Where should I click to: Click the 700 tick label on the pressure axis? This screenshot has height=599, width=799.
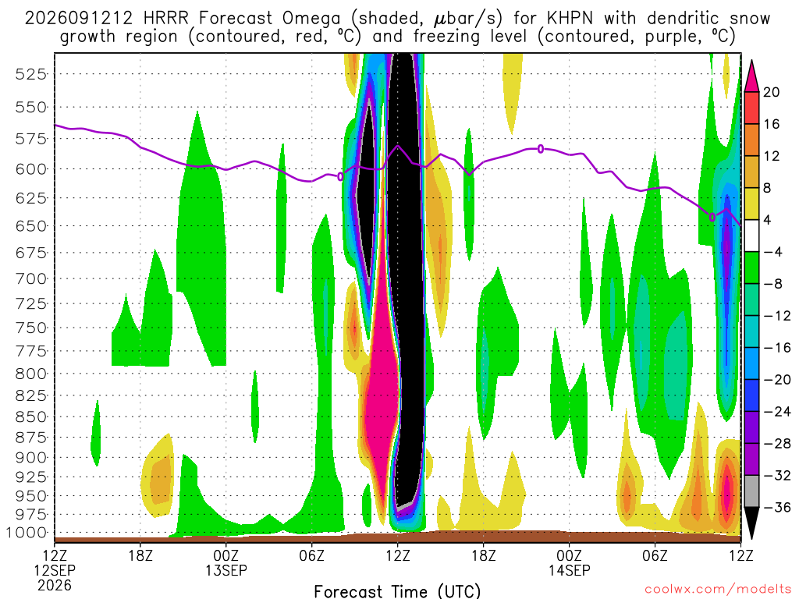(31, 279)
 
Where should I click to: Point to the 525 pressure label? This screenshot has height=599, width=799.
(31, 74)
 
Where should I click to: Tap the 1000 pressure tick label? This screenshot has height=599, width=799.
(27, 533)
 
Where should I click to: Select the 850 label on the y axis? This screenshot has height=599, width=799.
(31, 417)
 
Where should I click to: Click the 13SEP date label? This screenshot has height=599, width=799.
(226, 570)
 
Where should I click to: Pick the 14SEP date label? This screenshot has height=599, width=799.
(569, 570)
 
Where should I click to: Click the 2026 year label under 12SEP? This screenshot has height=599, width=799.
(55, 585)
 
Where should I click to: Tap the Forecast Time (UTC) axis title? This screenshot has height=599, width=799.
(397, 591)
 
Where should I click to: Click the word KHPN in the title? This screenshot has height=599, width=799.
(570, 19)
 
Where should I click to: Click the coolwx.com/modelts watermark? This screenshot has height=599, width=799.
(718, 590)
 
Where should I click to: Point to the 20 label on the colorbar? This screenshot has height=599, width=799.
(771, 92)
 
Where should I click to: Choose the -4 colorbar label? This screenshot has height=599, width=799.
(772, 252)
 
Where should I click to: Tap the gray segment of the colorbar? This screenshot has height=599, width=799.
(751, 491)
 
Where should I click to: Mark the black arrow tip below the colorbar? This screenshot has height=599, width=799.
(751, 538)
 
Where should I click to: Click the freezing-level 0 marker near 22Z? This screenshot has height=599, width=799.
(541, 149)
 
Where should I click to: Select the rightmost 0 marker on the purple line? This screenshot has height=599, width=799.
(712, 217)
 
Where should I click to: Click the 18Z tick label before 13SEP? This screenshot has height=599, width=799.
(140, 555)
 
